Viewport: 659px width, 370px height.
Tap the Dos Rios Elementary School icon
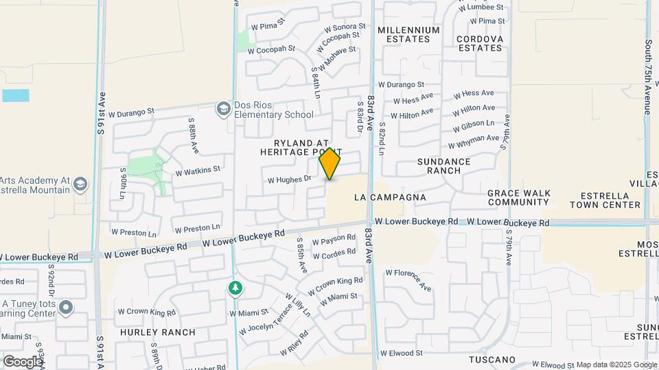coord(223,109)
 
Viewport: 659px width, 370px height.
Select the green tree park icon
coord(235,288)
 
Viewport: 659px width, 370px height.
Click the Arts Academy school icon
coord(80,184)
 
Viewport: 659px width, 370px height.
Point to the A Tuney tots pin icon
coord(66,307)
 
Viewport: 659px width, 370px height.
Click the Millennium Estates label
coord(408,34)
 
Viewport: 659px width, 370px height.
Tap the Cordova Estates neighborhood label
coord(481,43)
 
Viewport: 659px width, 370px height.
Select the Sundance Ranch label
coord(444,166)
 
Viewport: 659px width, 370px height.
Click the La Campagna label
coord(390,197)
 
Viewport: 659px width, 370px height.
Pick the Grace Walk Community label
coord(519,197)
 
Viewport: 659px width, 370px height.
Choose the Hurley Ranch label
coord(158,332)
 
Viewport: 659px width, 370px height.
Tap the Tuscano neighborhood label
coord(492,360)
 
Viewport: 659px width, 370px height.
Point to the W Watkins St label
coord(198,169)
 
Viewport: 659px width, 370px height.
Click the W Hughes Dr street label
coord(290,180)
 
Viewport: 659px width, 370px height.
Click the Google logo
coord(23,361)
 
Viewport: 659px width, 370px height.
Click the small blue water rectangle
coord(16,95)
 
